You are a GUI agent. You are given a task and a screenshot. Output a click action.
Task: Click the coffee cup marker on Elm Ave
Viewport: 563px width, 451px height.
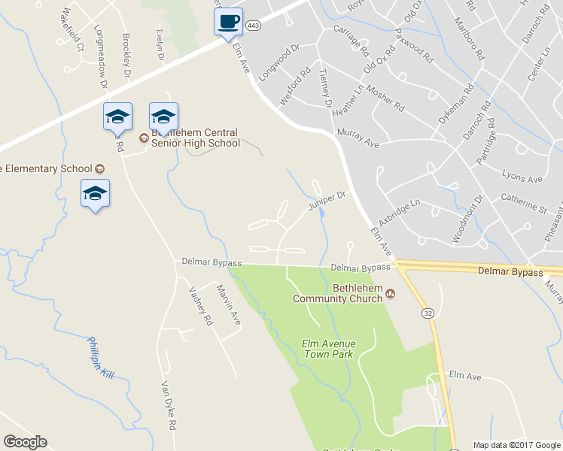(228, 21)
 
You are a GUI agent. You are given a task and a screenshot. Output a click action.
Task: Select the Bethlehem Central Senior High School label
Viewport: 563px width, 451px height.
(195, 138)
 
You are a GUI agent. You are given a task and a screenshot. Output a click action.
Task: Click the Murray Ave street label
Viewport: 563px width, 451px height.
(358, 137)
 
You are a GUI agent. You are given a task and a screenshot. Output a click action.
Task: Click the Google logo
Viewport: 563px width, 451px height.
(25, 442)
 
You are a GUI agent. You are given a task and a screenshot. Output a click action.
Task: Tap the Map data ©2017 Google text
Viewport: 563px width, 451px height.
(516, 445)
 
